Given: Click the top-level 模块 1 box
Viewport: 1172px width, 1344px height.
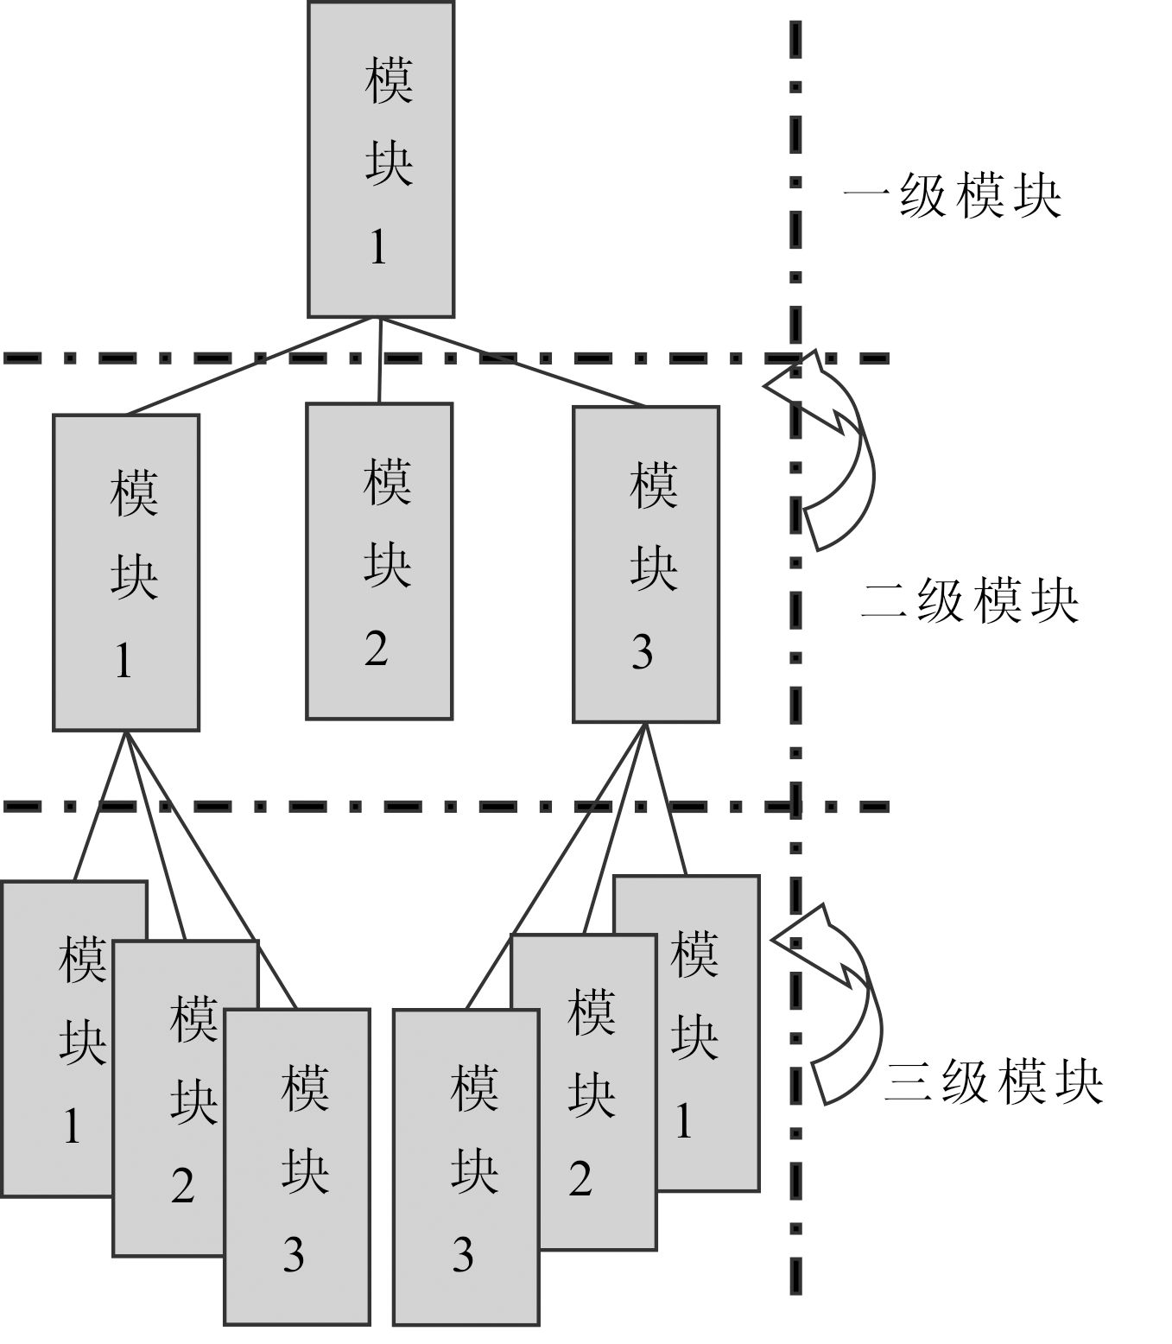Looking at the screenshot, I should (381, 160).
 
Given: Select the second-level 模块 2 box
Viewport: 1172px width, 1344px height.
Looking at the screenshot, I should (379, 561).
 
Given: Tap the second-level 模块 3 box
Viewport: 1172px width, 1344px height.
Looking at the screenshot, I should (646, 565).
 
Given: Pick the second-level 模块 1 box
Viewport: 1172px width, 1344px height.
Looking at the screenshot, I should (126, 573).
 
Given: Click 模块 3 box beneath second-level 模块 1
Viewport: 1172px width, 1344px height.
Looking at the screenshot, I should (297, 1166).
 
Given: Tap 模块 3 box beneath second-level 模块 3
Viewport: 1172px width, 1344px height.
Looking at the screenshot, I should (466, 1166).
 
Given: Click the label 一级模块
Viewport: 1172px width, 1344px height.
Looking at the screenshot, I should (952, 197).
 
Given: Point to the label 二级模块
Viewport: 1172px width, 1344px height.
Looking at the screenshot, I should (969, 601).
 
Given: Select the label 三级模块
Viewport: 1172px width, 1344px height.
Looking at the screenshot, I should (993, 1081).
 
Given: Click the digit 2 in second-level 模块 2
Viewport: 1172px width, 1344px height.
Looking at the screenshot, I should (376, 648).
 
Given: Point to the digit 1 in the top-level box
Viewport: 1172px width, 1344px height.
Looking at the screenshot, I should (378, 248).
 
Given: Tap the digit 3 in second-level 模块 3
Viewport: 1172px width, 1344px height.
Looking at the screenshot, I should (642, 652).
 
